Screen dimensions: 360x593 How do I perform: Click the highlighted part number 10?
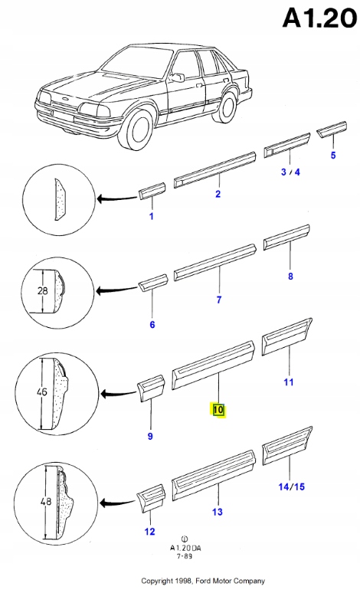coord(218,410)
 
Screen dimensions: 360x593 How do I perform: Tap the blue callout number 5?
coord(333,155)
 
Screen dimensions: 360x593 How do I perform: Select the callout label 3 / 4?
coord(290,172)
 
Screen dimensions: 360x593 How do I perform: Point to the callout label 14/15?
coord(292,487)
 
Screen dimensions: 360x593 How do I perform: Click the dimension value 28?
coord(43,290)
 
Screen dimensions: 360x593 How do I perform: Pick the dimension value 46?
coord(42,392)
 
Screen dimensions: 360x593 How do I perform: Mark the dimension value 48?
coord(46,502)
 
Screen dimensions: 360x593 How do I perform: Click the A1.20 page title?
coord(320,18)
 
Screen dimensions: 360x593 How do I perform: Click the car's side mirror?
coord(177,78)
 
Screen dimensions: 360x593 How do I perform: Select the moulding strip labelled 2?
coord(214,170)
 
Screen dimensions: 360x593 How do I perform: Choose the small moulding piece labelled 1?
coord(152,191)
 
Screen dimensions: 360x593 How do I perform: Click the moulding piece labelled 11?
coord(287,336)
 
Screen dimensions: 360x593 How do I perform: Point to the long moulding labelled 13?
coord(214,475)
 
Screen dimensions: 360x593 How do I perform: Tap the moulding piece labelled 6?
coord(153,283)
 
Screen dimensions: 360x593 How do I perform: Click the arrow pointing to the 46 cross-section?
coord(118,394)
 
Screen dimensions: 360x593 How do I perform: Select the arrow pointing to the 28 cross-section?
coord(116,291)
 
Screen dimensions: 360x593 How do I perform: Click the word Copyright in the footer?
coord(157,581)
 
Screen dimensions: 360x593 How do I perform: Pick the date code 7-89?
coord(185,557)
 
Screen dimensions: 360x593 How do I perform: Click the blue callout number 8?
coord(290,276)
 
